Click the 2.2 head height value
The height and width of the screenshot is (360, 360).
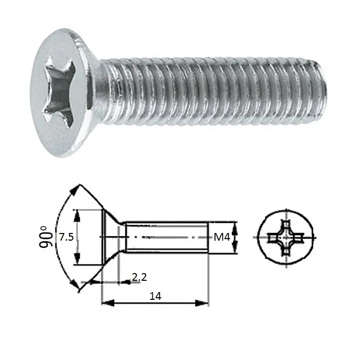click(139, 277)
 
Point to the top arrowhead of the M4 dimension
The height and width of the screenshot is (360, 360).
click(235, 225)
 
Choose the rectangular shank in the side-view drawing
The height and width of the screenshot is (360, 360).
click(167, 237)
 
